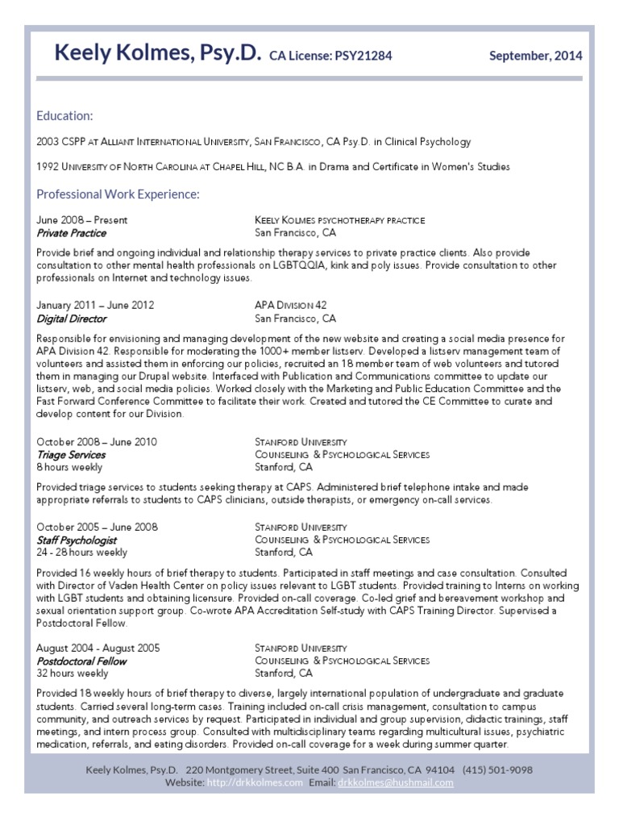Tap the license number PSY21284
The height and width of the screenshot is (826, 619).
[x=357, y=56]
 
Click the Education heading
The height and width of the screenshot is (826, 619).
[x=64, y=115]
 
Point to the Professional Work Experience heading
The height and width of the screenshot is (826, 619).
[x=118, y=194]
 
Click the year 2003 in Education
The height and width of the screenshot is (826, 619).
[x=48, y=142]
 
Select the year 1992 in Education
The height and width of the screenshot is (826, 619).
[x=48, y=167]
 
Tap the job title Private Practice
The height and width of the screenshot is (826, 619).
[x=71, y=233]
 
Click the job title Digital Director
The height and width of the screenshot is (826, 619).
[x=71, y=319]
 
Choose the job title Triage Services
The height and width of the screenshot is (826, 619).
[x=71, y=455]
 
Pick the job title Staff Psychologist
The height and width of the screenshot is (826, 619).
[x=77, y=540]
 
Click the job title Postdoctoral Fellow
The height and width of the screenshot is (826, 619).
[x=81, y=661]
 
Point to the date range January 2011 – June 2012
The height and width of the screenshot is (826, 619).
[x=95, y=306]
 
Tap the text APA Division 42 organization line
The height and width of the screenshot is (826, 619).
[x=290, y=306]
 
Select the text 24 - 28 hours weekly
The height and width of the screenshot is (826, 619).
[x=81, y=553]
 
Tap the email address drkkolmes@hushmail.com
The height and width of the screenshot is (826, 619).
[x=395, y=782]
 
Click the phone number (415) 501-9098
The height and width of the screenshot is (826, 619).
[x=497, y=770]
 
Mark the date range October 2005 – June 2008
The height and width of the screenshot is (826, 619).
[x=97, y=527]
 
